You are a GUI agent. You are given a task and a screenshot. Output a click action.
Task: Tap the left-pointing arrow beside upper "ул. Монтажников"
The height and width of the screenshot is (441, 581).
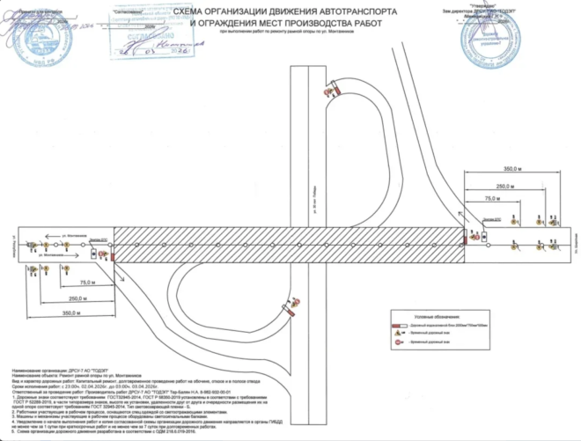[40, 237]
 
